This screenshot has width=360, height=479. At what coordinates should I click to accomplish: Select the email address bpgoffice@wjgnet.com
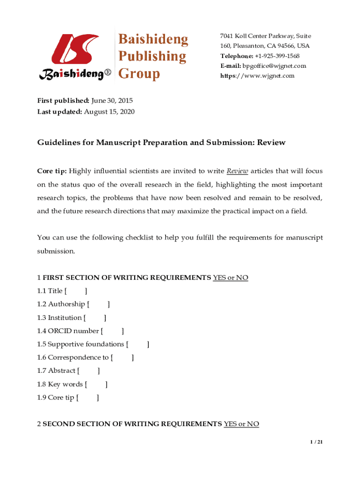click(274, 66)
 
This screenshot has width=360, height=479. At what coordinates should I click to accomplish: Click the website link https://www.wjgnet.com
click(257, 76)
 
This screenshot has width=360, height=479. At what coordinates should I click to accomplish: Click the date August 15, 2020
click(109, 111)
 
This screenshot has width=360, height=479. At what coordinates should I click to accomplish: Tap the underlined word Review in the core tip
click(238, 171)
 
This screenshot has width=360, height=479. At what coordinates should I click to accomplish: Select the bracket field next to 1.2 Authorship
click(98, 304)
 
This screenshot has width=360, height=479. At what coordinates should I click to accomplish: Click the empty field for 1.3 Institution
click(95, 318)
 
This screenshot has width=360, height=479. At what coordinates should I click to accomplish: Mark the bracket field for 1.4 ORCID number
click(112, 331)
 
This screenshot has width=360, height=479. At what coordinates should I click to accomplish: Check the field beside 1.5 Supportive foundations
click(138, 345)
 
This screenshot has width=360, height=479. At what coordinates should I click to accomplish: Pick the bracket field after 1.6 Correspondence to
click(122, 358)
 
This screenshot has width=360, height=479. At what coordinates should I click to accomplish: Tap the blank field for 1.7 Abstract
click(88, 371)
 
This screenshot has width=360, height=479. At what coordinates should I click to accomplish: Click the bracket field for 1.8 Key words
click(96, 385)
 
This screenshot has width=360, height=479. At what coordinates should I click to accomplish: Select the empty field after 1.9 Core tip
click(87, 398)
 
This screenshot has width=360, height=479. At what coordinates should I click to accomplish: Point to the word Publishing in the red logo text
click(151, 57)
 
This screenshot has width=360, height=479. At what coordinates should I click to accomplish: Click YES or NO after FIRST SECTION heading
click(230, 278)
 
